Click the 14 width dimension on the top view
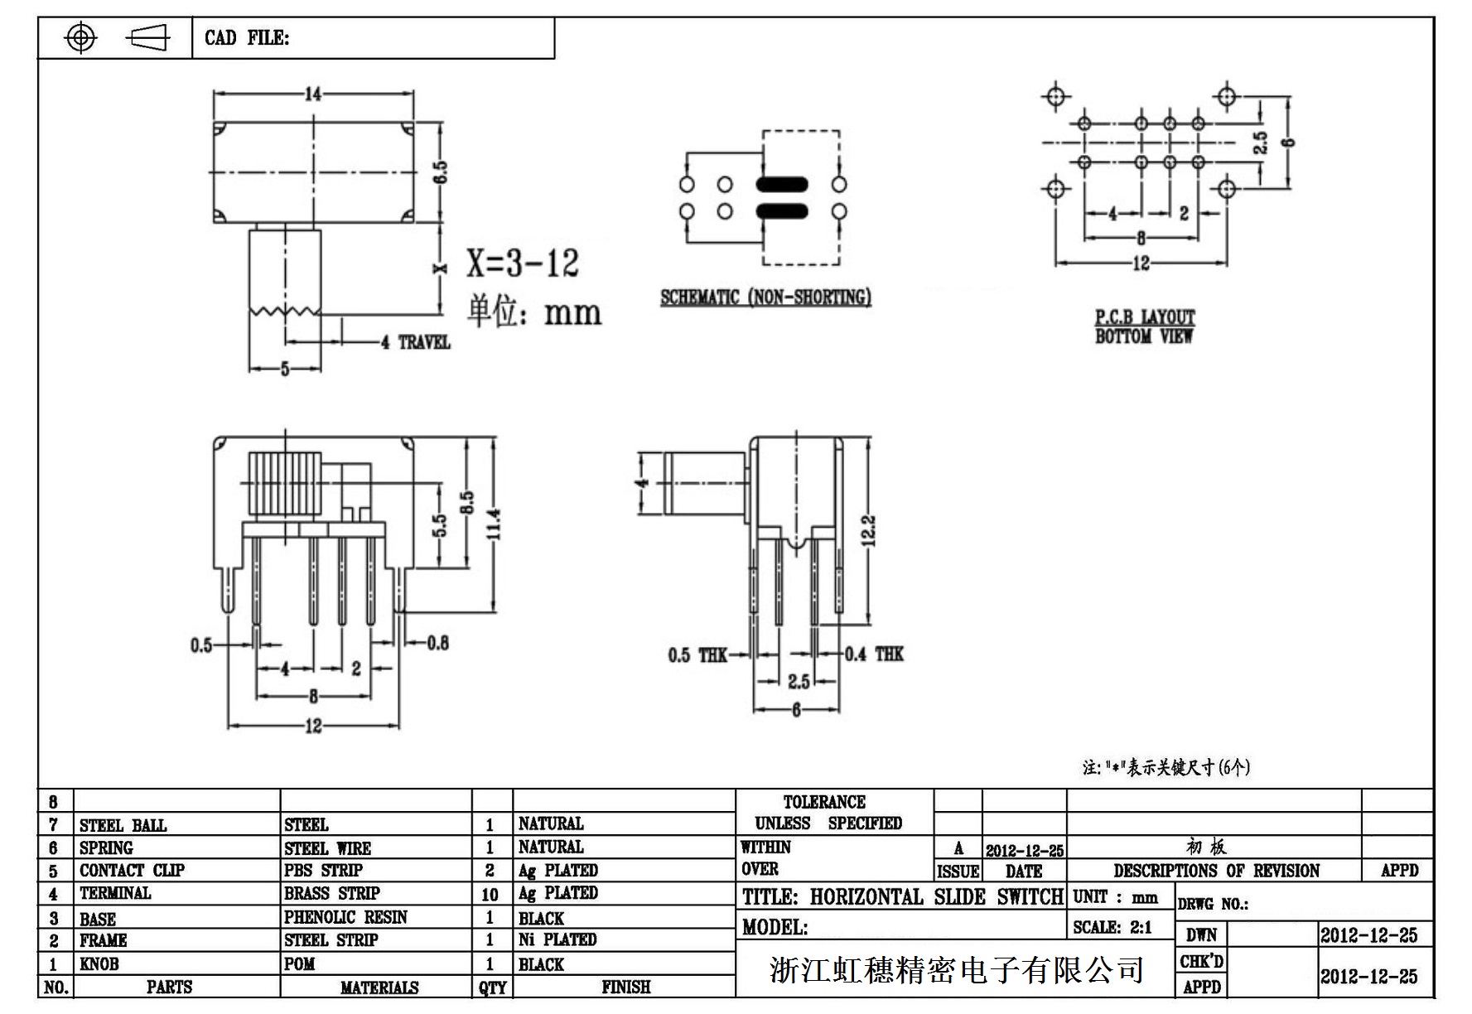[313, 94]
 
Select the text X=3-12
[522, 263]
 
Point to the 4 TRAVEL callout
[415, 342]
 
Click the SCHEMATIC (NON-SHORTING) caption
[765, 297]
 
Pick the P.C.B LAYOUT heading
[1145, 317]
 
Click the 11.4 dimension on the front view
[494, 524]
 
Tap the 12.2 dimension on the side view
[868, 531]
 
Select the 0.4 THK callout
[874, 654]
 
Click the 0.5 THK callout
[697, 655]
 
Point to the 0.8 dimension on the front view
[438, 643]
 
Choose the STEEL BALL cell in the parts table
[123, 825]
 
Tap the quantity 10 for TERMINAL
[490, 895]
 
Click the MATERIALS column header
[379, 987]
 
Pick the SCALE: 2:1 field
[1112, 928]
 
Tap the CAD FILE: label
[247, 38]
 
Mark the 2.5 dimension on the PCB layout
[1260, 142]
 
